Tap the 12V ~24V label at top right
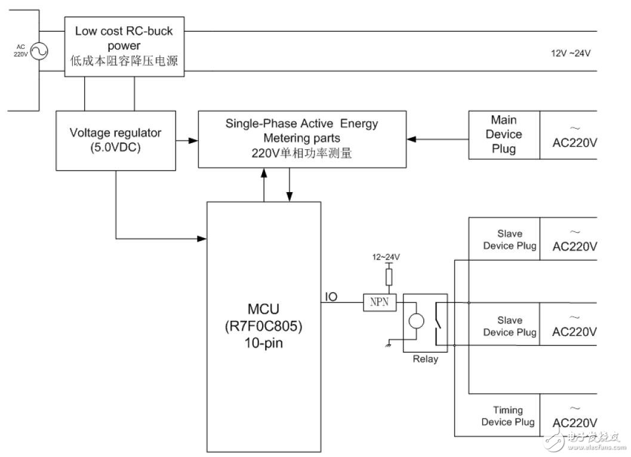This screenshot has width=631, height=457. tap(570, 53)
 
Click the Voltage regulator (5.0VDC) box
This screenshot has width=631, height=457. tap(115, 140)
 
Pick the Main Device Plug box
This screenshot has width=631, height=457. tap(504, 135)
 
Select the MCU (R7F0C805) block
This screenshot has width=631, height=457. tap(263, 326)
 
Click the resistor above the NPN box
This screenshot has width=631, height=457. tap(389, 277)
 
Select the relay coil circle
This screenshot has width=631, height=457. tap(416, 320)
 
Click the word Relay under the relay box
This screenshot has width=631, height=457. tap(425, 359)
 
